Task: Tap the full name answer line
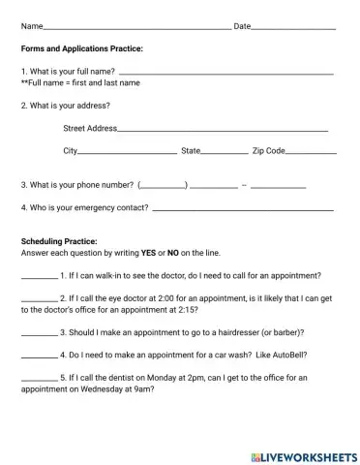click(226, 74)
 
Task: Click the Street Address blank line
click(223, 130)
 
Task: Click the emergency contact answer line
click(243, 209)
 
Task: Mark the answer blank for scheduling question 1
click(39, 277)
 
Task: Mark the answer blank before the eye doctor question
click(39, 300)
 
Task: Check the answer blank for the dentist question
click(39, 380)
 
